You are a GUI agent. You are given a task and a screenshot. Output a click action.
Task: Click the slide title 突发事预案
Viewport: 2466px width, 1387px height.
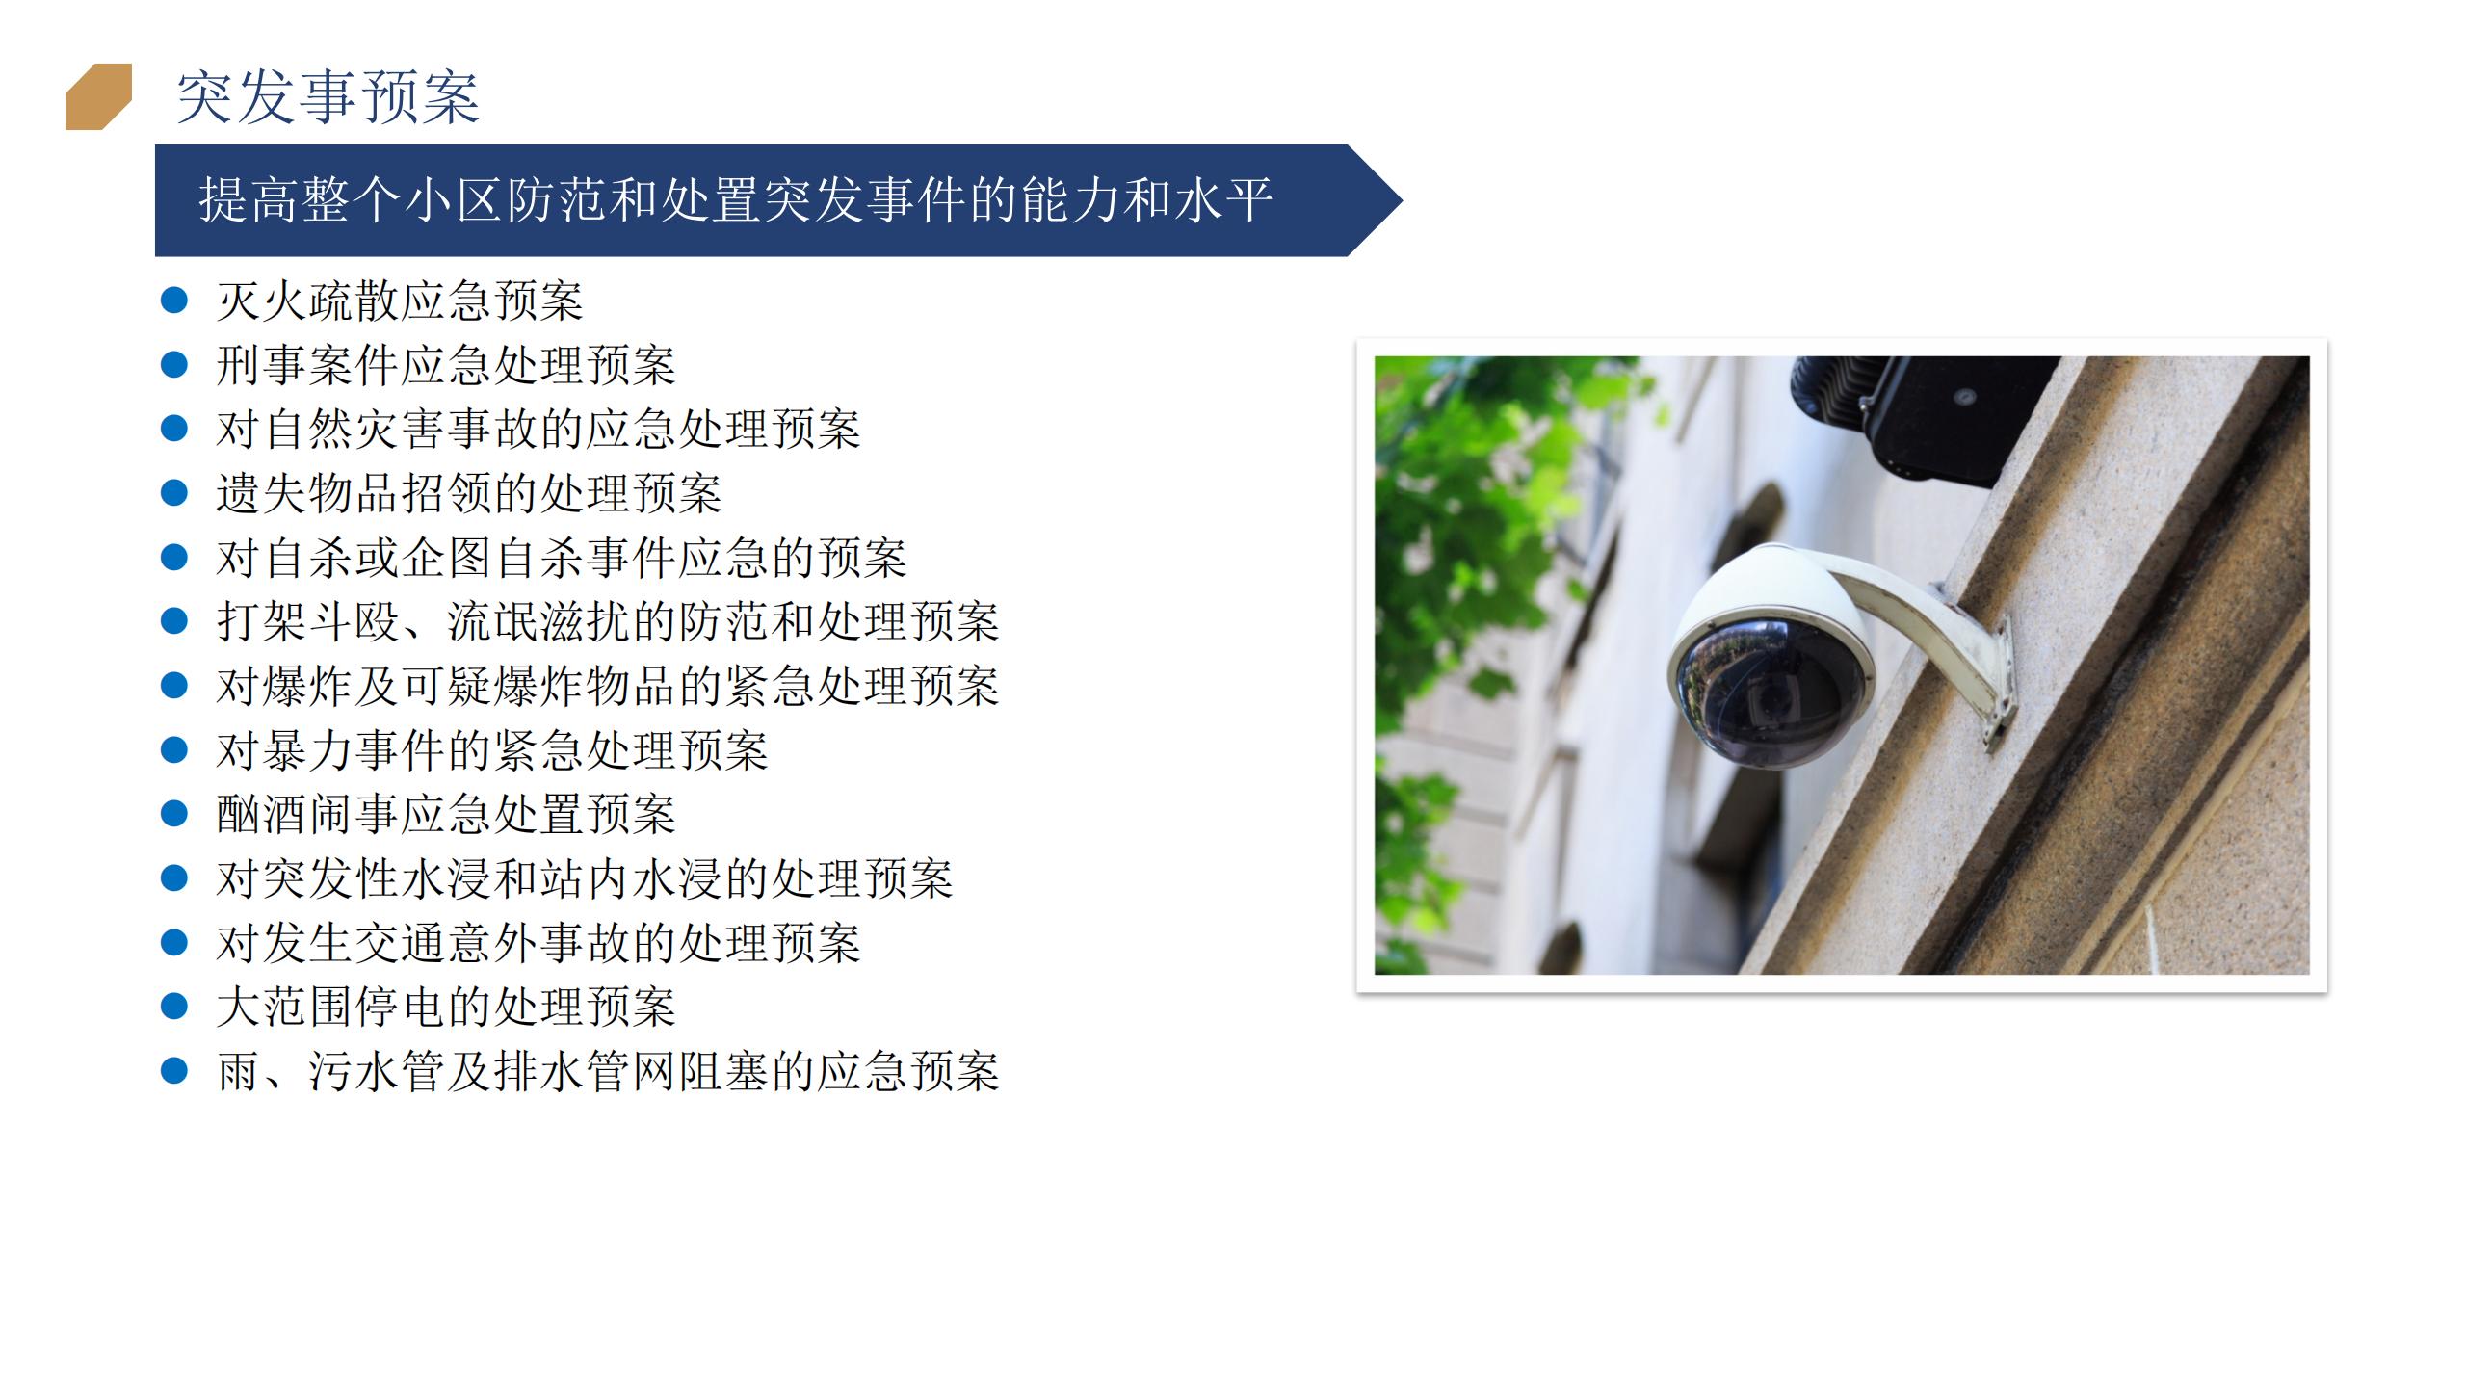(328, 97)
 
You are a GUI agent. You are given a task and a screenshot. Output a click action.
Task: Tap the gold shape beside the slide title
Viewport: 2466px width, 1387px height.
(98, 96)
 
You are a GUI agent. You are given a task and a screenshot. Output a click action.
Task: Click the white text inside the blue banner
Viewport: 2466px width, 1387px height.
(736, 200)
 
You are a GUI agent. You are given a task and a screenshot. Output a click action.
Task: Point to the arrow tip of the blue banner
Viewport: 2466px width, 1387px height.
(1402, 200)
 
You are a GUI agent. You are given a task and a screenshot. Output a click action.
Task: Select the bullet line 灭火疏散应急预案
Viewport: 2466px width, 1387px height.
(400, 301)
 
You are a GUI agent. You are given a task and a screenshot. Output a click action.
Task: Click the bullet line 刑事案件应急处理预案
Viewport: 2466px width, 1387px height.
(446, 365)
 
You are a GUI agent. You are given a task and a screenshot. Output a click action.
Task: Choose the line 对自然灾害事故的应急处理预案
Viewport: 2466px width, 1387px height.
(538, 430)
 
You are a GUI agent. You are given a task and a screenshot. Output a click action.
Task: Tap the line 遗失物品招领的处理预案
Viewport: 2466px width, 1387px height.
(469, 493)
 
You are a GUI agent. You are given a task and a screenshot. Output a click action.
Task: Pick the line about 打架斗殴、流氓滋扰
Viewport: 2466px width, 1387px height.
(608, 621)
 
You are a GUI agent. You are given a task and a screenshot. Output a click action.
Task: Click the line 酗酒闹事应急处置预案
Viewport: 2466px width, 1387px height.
(446, 814)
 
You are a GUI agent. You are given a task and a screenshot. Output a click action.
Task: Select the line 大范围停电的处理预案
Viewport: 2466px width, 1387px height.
(446, 1007)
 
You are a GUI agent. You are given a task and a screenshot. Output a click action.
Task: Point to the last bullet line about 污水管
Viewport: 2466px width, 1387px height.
(608, 1071)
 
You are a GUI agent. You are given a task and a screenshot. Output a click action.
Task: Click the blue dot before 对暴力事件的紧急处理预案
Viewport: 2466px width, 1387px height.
(173, 749)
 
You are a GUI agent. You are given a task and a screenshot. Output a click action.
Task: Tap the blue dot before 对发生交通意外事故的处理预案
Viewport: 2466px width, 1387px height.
(173, 942)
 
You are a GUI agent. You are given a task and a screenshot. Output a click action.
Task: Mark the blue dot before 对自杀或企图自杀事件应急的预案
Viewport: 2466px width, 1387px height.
(173, 557)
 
